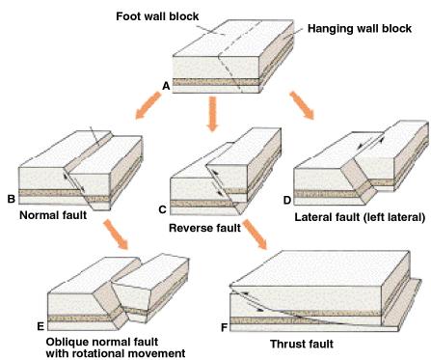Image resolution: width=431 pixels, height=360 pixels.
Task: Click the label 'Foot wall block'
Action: click(x=157, y=16)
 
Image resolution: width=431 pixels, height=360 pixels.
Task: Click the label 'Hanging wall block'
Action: click(x=360, y=29)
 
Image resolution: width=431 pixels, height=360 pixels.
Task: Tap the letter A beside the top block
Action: click(x=166, y=86)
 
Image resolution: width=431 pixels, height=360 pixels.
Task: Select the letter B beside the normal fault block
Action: click(x=12, y=199)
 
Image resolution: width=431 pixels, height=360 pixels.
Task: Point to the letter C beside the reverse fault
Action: click(x=163, y=209)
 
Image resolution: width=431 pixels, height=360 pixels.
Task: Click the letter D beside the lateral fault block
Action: click(x=287, y=200)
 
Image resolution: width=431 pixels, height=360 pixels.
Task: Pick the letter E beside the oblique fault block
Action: click(x=40, y=326)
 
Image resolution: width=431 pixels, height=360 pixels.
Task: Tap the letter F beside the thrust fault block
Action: click(x=225, y=327)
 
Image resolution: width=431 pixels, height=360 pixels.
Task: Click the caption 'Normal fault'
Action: click(x=53, y=215)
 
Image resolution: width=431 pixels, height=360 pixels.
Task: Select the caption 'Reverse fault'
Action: click(x=204, y=228)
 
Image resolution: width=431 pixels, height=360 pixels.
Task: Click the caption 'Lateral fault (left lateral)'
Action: click(x=360, y=217)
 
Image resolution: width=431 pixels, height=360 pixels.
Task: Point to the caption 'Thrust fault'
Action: click(x=302, y=344)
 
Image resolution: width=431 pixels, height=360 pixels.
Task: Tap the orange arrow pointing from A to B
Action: click(x=148, y=105)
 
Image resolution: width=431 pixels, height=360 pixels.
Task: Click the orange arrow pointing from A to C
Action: click(x=212, y=114)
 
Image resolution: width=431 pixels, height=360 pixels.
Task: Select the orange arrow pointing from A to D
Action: click(x=302, y=105)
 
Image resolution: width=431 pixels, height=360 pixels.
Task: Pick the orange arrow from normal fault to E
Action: click(x=116, y=235)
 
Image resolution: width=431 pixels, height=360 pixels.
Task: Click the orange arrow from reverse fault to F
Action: click(x=256, y=235)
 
